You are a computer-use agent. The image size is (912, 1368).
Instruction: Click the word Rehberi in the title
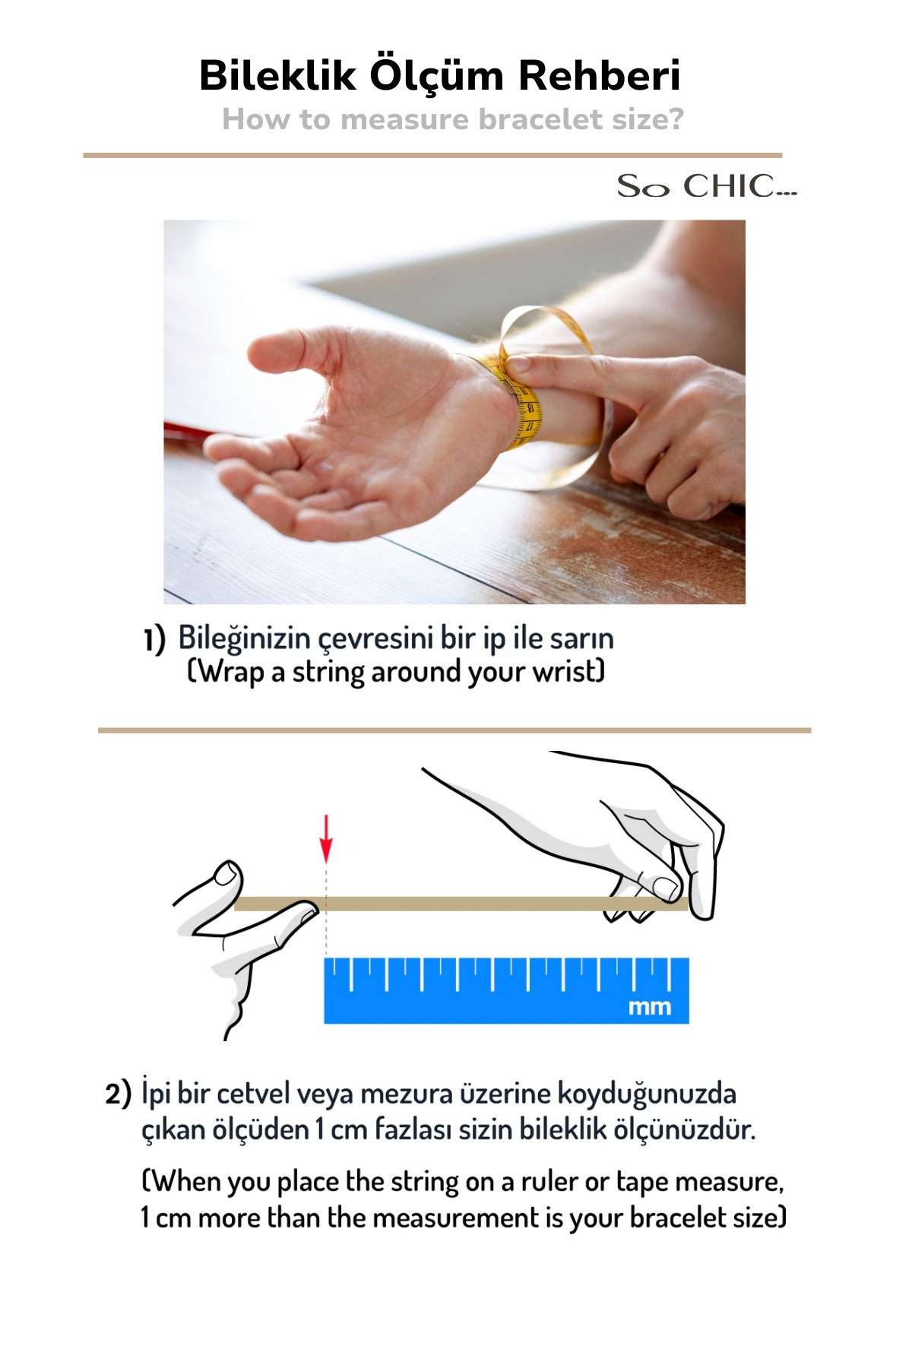(600, 75)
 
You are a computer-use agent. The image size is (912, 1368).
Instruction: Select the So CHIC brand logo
(707, 186)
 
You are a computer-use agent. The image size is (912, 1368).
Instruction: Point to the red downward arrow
(326, 838)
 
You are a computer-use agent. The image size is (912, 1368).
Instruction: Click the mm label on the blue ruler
(650, 1007)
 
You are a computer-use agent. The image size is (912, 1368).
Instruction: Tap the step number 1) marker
(154, 640)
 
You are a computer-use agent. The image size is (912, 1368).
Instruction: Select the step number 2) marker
(118, 1095)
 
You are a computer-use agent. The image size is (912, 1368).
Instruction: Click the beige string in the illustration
(461, 904)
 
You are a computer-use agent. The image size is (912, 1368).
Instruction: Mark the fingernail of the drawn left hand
(225, 874)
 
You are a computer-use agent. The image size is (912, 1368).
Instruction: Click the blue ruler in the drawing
(507, 990)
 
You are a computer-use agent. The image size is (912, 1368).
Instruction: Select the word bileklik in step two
(564, 1129)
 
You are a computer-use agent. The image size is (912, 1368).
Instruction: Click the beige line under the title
(432, 155)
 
